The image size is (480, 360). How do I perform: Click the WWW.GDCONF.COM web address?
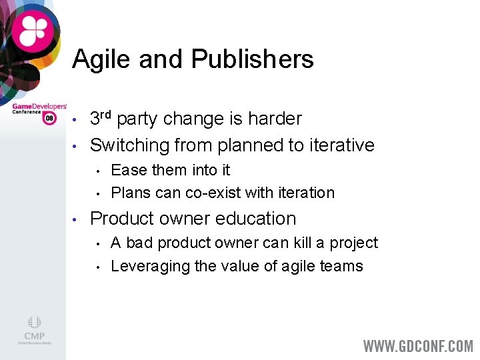[417, 347]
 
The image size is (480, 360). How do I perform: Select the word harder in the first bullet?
[275, 119]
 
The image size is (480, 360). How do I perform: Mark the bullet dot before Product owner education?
[76, 219]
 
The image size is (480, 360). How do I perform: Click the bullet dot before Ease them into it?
[98, 171]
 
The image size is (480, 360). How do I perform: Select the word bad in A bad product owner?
[139, 243]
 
